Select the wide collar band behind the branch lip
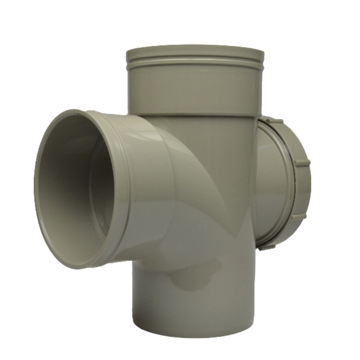coord(126,187)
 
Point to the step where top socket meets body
coord(196,115)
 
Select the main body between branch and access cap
coord(217,183)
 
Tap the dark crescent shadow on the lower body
coord(191,278)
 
